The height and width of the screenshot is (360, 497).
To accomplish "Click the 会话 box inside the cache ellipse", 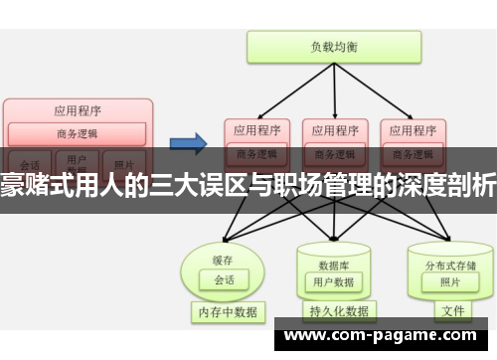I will pyautogui.click(x=223, y=252).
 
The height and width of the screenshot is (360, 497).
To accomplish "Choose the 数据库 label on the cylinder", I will pyautogui.click(x=332, y=238).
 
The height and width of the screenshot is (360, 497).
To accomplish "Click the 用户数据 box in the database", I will pyautogui.click(x=333, y=255).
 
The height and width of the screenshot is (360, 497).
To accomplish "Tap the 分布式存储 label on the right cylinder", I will pyautogui.click(x=450, y=238).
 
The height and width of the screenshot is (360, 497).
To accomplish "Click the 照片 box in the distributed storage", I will pyautogui.click(x=450, y=255).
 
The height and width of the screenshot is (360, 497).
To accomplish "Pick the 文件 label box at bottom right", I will pyautogui.click(x=453, y=311).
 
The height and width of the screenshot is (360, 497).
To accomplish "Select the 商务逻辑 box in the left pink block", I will pyautogui.click(x=78, y=133).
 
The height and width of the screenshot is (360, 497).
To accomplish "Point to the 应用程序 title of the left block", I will pyautogui.click(x=78, y=110).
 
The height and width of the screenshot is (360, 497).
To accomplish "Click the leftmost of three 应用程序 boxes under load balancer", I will pyautogui.click(x=255, y=129).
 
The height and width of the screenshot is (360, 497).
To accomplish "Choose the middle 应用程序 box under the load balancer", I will pyautogui.click(x=333, y=129).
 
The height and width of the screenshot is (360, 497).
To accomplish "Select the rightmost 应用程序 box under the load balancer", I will pyautogui.click(x=412, y=129).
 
